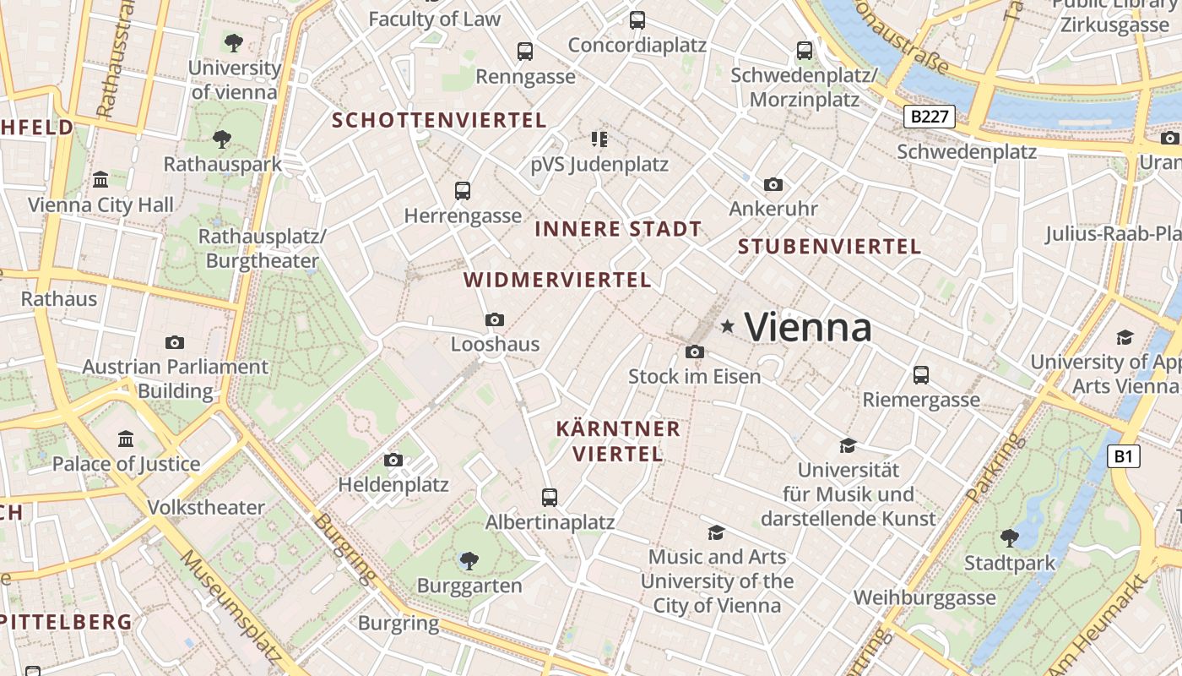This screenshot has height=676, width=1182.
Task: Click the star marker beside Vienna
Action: click(727, 326)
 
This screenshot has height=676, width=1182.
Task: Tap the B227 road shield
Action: click(930, 117)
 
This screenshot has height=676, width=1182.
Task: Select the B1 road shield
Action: click(1123, 457)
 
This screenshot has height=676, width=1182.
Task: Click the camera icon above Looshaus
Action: click(495, 319)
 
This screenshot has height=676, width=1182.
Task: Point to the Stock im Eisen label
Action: click(694, 376)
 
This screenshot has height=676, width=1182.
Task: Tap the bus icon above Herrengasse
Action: click(462, 191)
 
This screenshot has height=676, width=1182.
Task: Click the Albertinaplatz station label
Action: click(550, 521)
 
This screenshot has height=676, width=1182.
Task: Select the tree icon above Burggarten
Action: click(469, 559)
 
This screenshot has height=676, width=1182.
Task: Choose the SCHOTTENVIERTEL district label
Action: click(439, 120)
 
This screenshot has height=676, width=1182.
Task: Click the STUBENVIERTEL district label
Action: click(829, 247)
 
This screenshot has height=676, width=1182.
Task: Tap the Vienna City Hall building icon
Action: click(100, 179)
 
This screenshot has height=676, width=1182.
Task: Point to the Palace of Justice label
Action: click(126, 464)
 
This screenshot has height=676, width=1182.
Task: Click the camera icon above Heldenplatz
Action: click(393, 461)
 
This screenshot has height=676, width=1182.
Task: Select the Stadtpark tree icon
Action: click(1009, 537)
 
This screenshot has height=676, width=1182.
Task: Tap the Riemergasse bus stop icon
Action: click(921, 374)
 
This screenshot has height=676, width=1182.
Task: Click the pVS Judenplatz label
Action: click(599, 165)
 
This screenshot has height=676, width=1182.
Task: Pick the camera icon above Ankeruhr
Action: click(773, 184)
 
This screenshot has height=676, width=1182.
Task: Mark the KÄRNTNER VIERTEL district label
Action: click(618, 441)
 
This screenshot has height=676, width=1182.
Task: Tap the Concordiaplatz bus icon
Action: click(637, 19)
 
